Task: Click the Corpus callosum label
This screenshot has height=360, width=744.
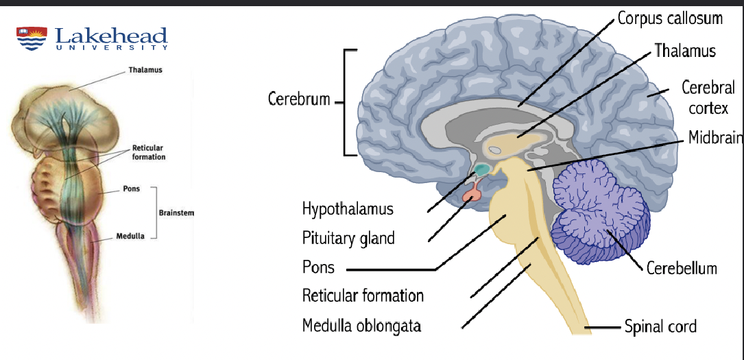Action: (x=670, y=18)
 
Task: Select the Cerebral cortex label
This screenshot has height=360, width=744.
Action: (x=708, y=97)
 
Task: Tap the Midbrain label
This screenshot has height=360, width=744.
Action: (x=715, y=138)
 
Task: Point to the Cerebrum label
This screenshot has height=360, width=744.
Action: (x=299, y=99)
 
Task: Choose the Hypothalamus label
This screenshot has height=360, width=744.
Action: (x=348, y=208)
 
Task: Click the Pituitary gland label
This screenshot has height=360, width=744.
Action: (x=348, y=238)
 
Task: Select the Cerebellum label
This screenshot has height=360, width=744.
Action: (x=682, y=267)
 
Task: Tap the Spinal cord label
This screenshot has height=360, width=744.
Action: (x=660, y=326)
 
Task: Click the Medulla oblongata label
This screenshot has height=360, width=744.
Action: (x=361, y=325)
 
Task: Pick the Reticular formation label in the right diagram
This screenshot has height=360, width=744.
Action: (x=363, y=296)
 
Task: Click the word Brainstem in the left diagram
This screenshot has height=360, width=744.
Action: (x=176, y=213)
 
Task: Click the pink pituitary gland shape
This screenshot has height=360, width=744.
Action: (x=473, y=195)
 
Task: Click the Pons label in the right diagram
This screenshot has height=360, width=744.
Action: (x=318, y=267)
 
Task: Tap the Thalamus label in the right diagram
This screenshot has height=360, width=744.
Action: (x=684, y=51)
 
